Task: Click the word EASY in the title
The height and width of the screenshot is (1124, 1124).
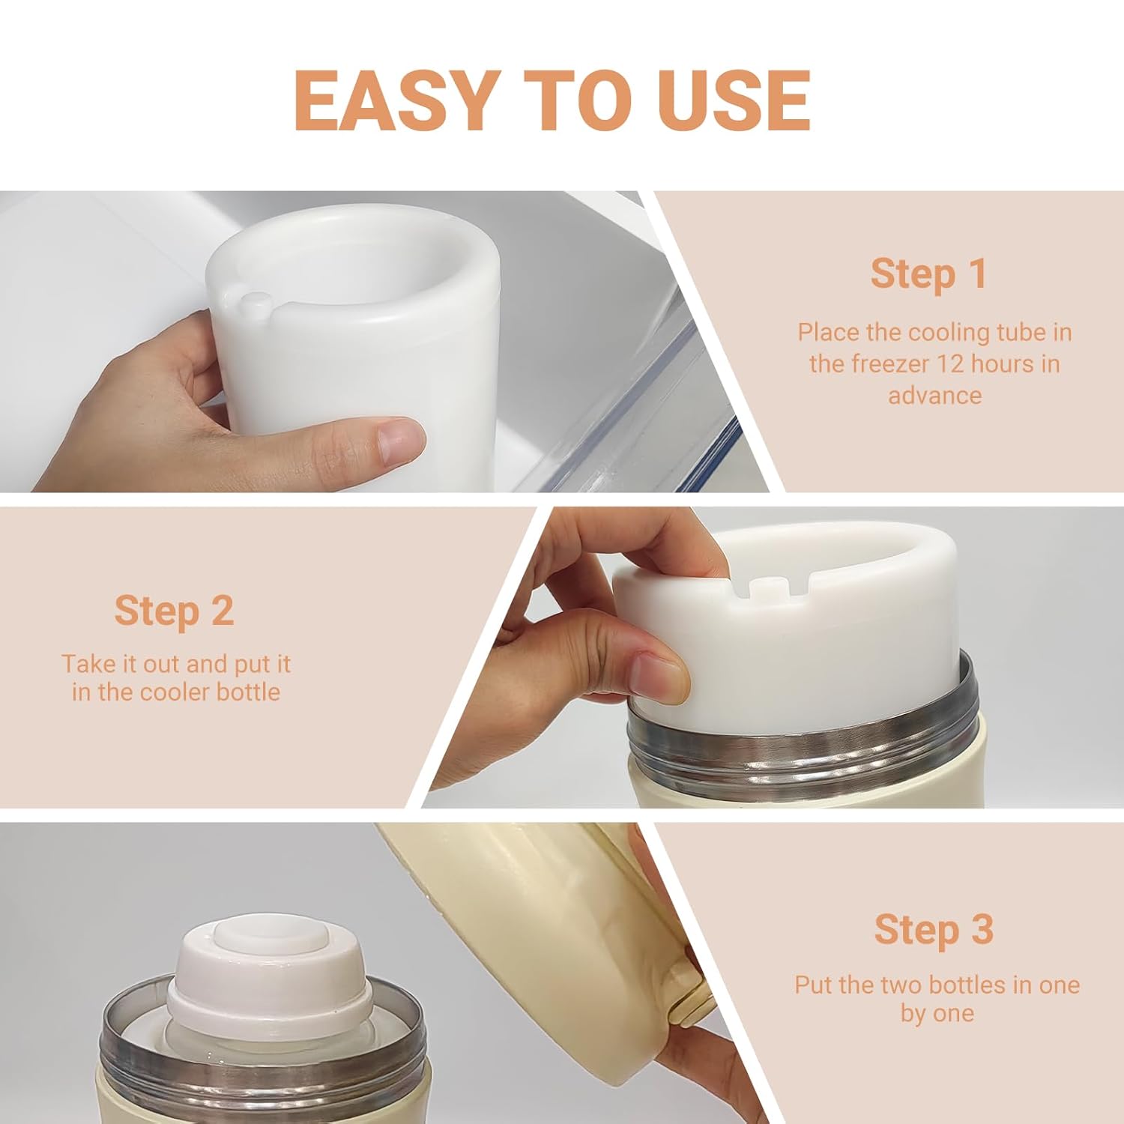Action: point(396,100)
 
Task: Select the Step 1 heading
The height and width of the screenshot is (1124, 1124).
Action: point(928,274)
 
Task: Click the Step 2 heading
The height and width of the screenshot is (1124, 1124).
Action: point(174,611)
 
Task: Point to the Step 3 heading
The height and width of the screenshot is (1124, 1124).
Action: point(934,930)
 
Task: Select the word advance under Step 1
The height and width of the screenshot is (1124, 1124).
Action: point(935,395)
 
